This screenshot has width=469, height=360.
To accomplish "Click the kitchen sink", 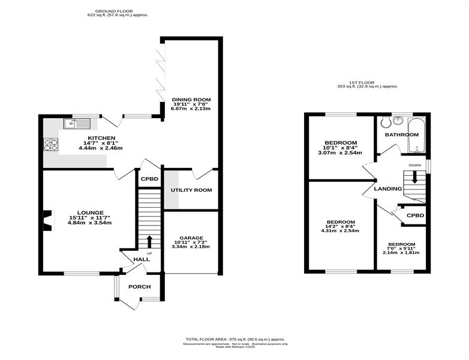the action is (77, 123).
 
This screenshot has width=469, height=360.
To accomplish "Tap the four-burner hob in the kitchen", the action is (51, 145).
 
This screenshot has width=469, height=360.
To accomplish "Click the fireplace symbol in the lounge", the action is (48, 221).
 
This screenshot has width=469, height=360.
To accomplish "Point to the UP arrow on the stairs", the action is (149, 242).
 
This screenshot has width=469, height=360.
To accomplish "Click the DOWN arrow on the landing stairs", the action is (414, 177).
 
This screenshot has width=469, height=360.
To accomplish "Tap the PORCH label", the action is (139, 287).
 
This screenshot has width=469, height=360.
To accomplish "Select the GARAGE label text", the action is (191, 238).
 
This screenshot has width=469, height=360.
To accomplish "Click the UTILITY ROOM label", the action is (191, 190).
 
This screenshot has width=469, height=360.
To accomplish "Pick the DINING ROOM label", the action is (191, 100).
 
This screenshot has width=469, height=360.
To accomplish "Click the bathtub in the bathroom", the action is (416, 136).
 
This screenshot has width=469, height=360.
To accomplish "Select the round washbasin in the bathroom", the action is (398, 121).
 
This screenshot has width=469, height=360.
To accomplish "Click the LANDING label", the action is (388, 189).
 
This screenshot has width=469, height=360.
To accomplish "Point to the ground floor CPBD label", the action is (149, 179).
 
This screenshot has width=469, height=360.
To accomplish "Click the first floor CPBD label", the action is (416, 215).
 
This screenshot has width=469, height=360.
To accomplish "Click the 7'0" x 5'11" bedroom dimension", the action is (401, 248).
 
